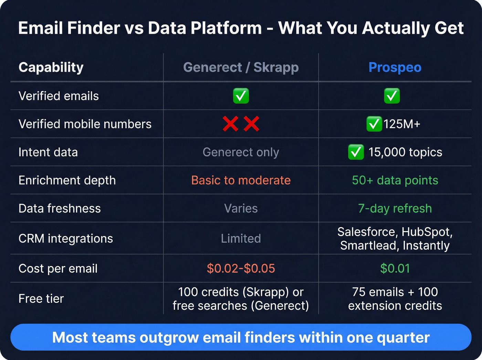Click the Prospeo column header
[x=395, y=68]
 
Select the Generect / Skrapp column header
[x=241, y=68]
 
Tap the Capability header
[x=51, y=68]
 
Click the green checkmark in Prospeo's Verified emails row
[x=392, y=96]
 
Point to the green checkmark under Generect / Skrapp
[x=241, y=96]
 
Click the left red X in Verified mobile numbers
[x=230, y=124]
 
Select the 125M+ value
[x=402, y=124]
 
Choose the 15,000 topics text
[x=405, y=152]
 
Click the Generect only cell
[x=241, y=152]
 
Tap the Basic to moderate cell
[x=241, y=180]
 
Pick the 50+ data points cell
[x=395, y=180]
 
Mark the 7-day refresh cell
[x=395, y=208]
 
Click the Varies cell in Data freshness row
[x=241, y=208]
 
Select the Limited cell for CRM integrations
[x=241, y=238]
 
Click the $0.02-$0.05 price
[x=241, y=268]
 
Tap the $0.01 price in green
[x=395, y=268]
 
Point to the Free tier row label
[x=41, y=299]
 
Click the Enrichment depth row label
[x=67, y=180]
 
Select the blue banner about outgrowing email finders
[x=241, y=337]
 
